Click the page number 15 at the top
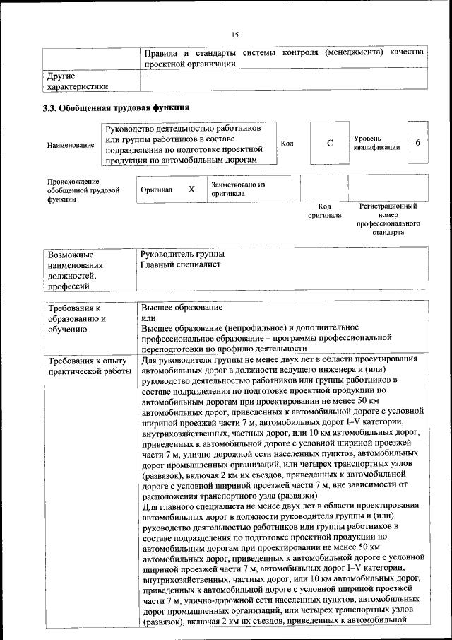[235, 33]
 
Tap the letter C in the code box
[329, 144]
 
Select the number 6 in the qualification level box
[417, 143]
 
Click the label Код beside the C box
[287, 144]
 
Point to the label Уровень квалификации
[377, 143]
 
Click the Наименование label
[70, 145]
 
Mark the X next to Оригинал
[191, 190]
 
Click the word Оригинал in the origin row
[156, 190]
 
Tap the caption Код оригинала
[324, 210]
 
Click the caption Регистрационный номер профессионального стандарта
[388, 219]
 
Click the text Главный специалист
[181, 264]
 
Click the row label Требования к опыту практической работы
[89, 365]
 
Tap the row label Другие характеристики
[78, 81]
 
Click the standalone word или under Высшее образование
[148, 319]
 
